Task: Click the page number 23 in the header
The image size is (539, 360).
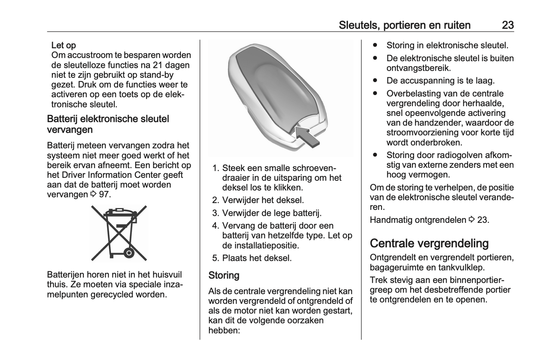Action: click(x=508, y=25)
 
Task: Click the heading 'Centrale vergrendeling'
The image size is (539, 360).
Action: click(x=429, y=243)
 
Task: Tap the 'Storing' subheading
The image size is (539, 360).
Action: click(x=224, y=275)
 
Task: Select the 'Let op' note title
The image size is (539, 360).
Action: click(x=63, y=45)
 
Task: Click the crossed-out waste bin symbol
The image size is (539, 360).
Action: click(x=119, y=233)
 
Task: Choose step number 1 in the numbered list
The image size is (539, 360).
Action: click(x=215, y=168)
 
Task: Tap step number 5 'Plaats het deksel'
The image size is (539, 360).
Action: click(x=215, y=258)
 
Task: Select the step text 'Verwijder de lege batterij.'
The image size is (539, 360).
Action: click(x=272, y=213)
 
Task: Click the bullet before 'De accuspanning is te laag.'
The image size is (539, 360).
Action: click(x=375, y=80)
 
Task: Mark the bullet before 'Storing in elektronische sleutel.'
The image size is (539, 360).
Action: click(x=375, y=45)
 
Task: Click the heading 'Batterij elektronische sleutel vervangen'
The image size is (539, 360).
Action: click(x=108, y=124)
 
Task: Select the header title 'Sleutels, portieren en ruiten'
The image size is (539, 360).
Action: click(x=404, y=25)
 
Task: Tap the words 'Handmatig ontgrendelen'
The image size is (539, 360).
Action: click(x=418, y=220)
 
